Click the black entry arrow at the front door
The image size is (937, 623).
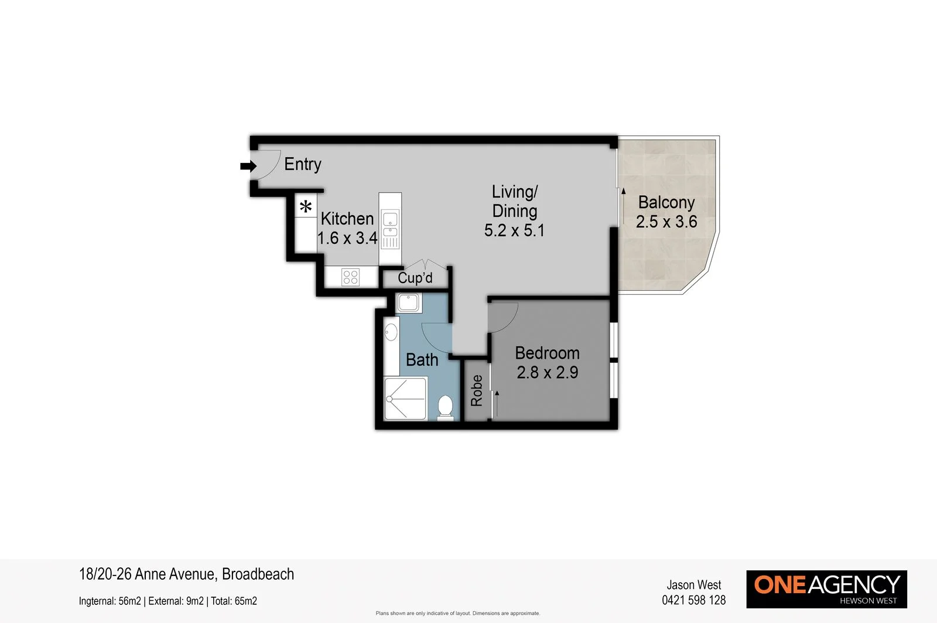(x=248, y=166)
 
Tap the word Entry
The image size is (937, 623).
(x=303, y=164)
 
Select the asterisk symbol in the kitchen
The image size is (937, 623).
(x=306, y=206)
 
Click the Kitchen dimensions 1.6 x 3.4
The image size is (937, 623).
(x=347, y=238)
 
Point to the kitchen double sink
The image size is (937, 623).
(x=390, y=225)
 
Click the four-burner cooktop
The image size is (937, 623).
(x=350, y=277)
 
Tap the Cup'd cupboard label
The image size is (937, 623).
(x=415, y=278)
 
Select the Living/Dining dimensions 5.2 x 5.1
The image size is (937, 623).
(x=514, y=230)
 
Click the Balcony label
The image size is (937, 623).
(x=666, y=202)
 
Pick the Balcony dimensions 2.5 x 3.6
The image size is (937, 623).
(x=666, y=222)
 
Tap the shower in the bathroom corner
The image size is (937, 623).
(x=405, y=399)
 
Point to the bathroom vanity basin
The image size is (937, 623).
(x=391, y=333)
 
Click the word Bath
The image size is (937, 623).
(x=422, y=360)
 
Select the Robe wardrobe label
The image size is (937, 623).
(x=477, y=390)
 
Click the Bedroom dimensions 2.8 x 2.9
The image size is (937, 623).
(x=548, y=373)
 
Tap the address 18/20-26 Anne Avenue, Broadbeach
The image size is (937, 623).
(x=186, y=574)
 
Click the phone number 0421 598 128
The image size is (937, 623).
(x=693, y=600)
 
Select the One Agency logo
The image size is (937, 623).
(x=826, y=589)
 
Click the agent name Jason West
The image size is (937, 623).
(x=693, y=585)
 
